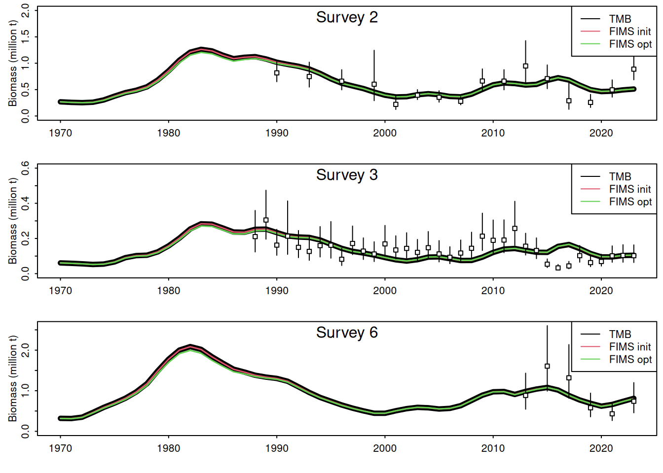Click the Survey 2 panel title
(x=347, y=18)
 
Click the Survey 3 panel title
(x=347, y=175)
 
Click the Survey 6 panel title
(x=347, y=333)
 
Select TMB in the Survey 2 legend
(x=620, y=19)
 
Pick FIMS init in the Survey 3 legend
(x=629, y=189)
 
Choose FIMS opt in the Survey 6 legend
(x=630, y=360)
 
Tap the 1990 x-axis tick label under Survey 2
(x=277, y=133)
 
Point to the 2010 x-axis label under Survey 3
(x=493, y=291)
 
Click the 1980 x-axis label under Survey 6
(x=169, y=448)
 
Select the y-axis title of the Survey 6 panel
(x=13, y=378)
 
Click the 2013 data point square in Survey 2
(x=525, y=66)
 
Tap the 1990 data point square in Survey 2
(x=277, y=73)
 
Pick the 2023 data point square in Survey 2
(x=634, y=69)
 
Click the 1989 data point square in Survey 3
(x=266, y=220)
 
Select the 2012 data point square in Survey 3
(x=515, y=229)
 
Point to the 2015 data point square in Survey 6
(x=547, y=366)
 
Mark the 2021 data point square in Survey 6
(x=612, y=414)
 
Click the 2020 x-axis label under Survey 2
(x=601, y=133)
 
